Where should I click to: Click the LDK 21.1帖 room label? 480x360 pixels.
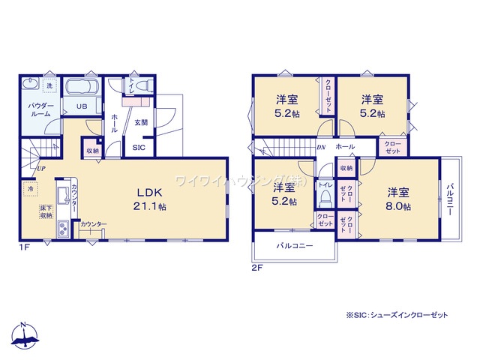(151, 199)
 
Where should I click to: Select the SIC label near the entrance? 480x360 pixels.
(139, 148)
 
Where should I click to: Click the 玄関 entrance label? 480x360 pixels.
(140, 121)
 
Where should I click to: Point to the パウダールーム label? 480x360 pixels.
(40, 111)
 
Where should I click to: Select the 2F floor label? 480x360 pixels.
(257, 266)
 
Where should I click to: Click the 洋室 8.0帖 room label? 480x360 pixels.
(398, 199)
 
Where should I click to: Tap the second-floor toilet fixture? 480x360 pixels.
(325, 196)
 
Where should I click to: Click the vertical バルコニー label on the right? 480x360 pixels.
(451, 199)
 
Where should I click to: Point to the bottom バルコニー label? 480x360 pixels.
(293, 246)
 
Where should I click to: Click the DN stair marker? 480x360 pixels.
(321, 148)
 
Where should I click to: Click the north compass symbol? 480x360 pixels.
(25, 338)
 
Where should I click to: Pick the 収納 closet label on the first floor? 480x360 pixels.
(92, 151)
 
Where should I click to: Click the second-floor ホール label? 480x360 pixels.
(346, 146)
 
